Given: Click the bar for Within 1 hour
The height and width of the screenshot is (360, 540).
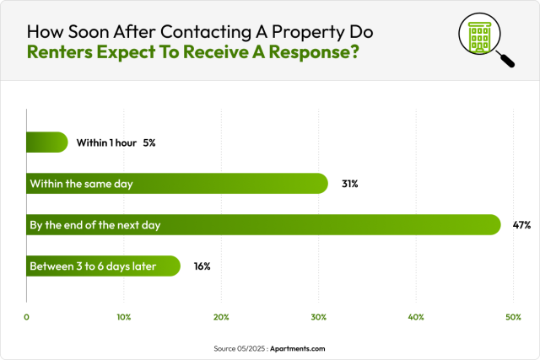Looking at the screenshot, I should (x=46, y=142).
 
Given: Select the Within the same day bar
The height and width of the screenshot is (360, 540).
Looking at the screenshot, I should (x=177, y=184).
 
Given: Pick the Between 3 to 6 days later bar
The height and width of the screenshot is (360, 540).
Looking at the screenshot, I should (x=103, y=266).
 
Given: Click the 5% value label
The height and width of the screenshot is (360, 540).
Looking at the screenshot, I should (x=148, y=142).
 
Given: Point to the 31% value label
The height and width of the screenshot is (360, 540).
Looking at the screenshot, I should (x=349, y=184).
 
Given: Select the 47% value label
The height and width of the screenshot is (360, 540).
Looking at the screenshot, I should (x=521, y=225).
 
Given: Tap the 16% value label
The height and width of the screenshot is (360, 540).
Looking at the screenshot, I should (x=202, y=266).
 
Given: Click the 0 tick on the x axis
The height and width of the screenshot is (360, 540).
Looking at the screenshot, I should (x=27, y=317).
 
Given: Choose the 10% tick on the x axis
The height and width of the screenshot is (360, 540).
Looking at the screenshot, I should (x=123, y=317).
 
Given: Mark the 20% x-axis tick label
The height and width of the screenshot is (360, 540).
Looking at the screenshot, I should (x=221, y=317).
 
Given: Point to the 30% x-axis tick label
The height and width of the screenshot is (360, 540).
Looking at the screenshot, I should (x=318, y=317).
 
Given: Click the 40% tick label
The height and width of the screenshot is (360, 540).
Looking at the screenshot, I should (x=416, y=317).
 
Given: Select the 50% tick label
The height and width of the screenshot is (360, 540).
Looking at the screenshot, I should (x=513, y=317).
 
